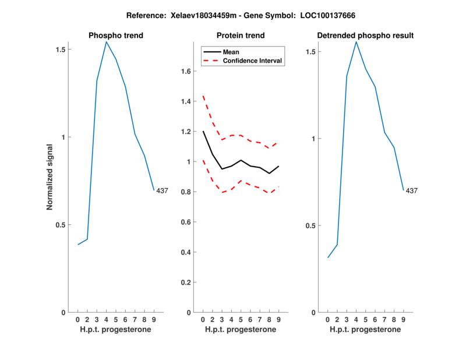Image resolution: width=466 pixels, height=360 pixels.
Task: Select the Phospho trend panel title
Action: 115,36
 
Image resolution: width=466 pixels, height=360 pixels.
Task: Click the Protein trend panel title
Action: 241,36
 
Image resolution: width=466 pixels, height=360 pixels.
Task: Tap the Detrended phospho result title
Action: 365,36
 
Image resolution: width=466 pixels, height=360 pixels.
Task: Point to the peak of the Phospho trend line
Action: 106,41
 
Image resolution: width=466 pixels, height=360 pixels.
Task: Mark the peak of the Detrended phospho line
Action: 356,41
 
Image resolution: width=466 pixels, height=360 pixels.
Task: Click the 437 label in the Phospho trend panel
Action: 163,190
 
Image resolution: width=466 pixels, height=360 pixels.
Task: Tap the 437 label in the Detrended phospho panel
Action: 412,190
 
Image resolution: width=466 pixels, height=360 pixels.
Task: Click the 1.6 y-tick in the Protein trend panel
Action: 186,72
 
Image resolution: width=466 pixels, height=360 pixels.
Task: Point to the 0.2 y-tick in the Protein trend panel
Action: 186,283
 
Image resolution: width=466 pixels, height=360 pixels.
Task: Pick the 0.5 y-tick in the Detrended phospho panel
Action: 310,225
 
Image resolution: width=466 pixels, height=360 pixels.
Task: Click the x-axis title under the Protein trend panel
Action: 241,330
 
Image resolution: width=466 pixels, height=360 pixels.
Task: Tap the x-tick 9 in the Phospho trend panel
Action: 154,319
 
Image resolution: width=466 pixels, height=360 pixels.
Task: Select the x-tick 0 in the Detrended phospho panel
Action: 327,319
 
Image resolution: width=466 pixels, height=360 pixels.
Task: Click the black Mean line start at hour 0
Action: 203,131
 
